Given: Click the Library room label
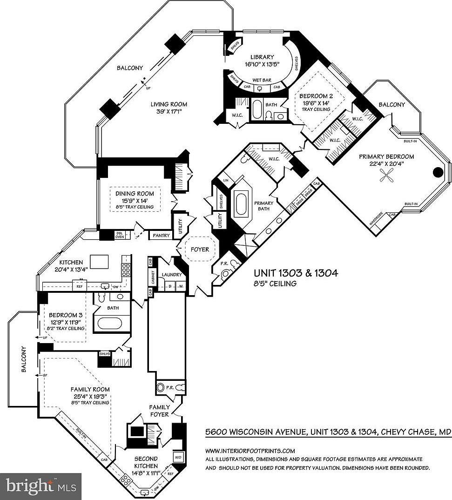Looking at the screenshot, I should point(261,57).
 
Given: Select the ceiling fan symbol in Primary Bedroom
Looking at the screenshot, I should point(386,174).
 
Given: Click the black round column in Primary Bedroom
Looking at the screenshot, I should point(438,172).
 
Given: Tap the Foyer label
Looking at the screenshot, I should point(200,250).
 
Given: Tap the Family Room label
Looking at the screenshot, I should point(90,389).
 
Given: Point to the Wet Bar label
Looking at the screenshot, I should point(261,80).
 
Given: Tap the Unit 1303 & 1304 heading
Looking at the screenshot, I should point(296,273).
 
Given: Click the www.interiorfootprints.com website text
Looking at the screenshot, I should point(250,451).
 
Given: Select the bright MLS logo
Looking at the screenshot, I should point(41,486).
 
